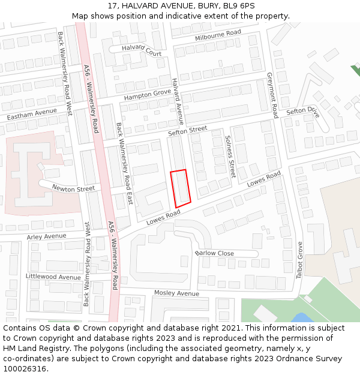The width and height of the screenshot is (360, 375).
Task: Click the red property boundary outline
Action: click(x=181, y=188)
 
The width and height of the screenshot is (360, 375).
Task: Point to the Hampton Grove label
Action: click(x=148, y=95)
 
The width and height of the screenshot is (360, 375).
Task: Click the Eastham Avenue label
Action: click(x=32, y=113)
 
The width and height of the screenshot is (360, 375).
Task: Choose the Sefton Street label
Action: click(x=187, y=130)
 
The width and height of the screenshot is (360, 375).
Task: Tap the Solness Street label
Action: click(x=230, y=155)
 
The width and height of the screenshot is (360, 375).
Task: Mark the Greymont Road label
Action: click(x=273, y=95)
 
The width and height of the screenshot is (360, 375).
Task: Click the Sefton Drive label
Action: click(x=304, y=111)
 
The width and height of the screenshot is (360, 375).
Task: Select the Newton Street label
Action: click(x=73, y=188)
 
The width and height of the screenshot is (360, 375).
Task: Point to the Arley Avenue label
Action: click(x=46, y=236)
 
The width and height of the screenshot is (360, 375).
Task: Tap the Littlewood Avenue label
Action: click(x=53, y=277)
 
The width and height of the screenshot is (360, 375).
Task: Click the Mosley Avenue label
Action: click(x=176, y=293)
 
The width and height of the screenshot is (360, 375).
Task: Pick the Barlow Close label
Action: click(x=215, y=253)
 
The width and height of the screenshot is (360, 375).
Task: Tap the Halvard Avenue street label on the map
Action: click(x=178, y=100)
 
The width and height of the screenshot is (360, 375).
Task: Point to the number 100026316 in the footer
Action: click(x=23, y=368)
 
